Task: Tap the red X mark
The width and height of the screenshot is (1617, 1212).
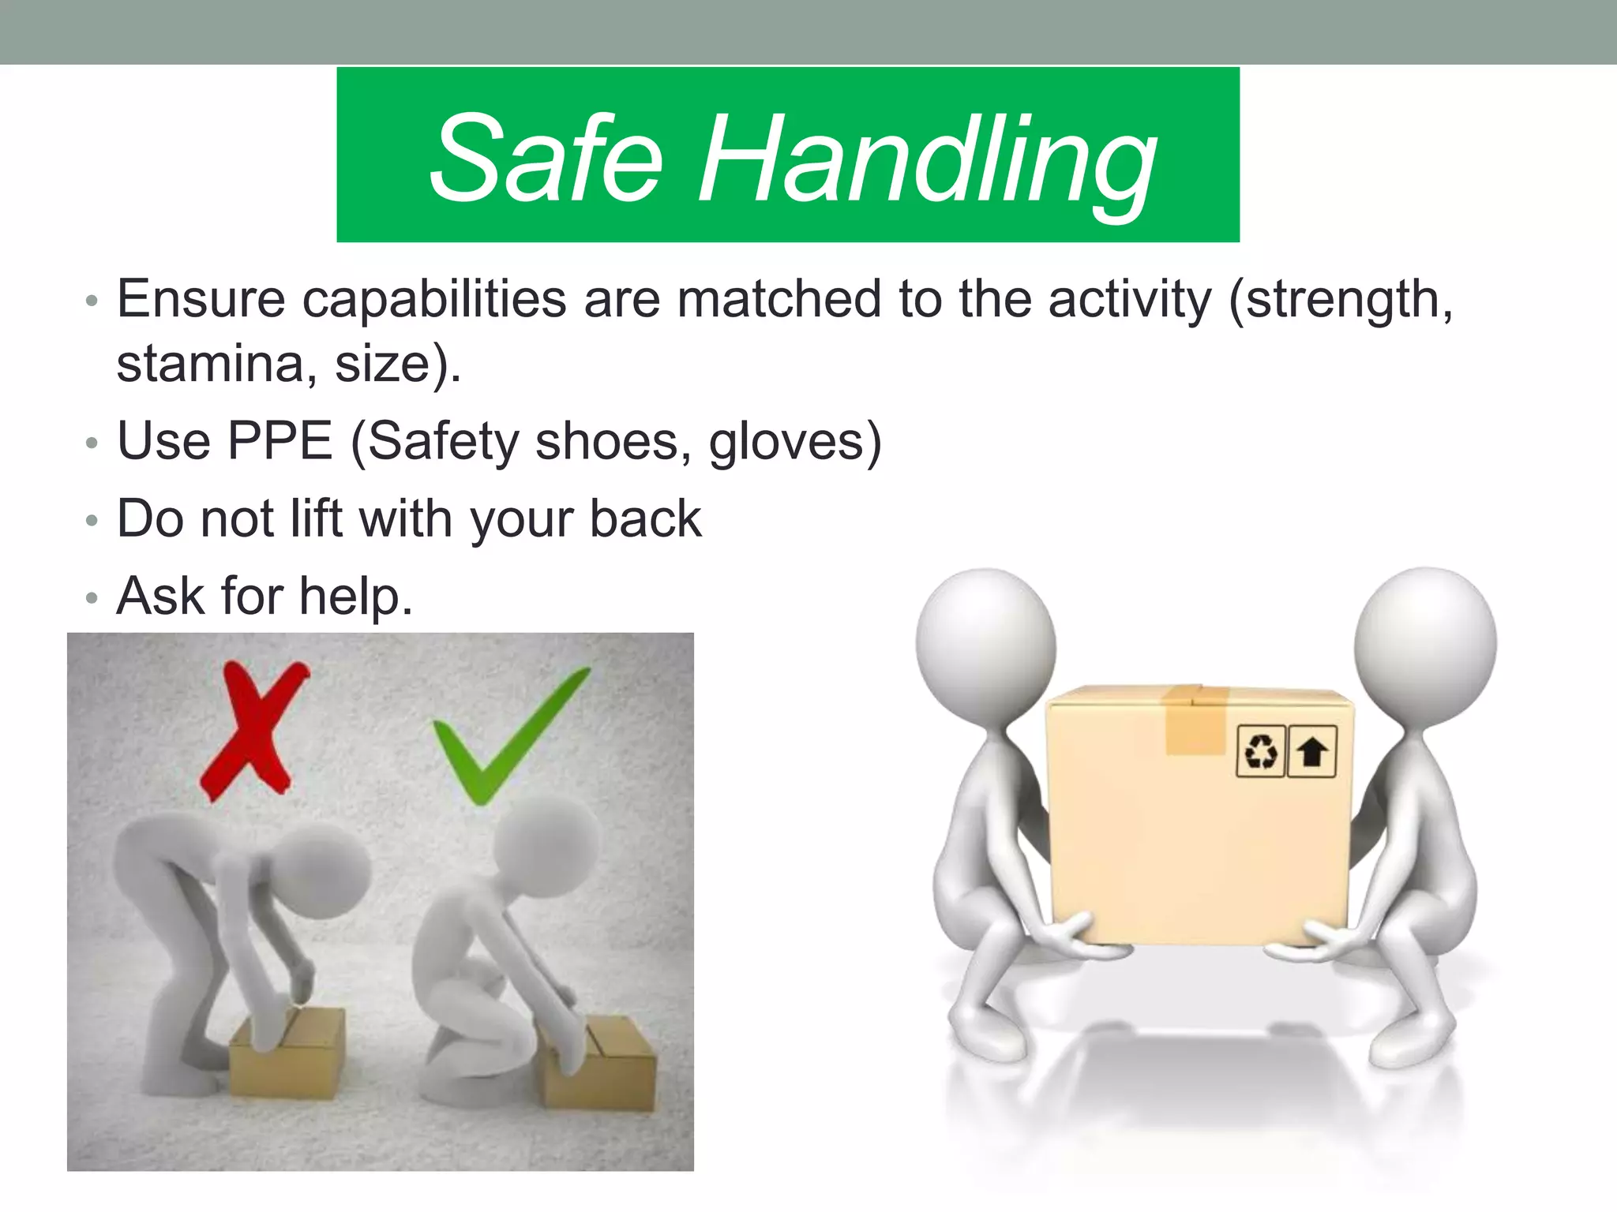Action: pyautogui.click(x=253, y=730)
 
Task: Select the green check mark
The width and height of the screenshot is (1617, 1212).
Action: pyautogui.click(x=505, y=738)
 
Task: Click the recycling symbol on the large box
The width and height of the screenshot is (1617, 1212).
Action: pyautogui.click(x=1260, y=751)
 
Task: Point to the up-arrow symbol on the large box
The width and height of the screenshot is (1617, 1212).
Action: pyautogui.click(x=1311, y=751)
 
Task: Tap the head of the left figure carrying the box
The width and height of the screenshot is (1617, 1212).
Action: pyautogui.click(x=985, y=643)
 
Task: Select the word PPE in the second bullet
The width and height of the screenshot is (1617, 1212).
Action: pyautogui.click(x=280, y=441)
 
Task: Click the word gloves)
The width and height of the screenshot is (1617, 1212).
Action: pyautogui.click(x=794, y=442)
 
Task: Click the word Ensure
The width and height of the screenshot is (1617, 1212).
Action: pyautogui.click(x=201, y=300)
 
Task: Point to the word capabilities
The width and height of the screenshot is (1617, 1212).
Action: pyautogui.click(x=434, y=300)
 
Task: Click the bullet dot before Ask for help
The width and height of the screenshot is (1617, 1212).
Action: pyautogui.click(x=92, y=598)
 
